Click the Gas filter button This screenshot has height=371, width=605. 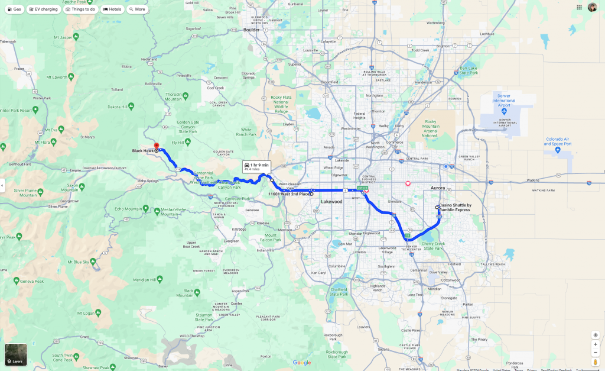click(x=15, y=9)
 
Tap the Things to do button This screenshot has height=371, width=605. click(x=81, y=9)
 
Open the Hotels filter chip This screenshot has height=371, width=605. click(x=112, y=9)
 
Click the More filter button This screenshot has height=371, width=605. click(x=138, y=9)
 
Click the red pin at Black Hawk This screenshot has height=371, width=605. click(x=156, y=146)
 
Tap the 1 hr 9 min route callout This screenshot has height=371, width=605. click(x=256, y=166)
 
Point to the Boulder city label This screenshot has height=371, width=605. click(x=251, y=29)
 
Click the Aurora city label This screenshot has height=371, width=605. click(x=437, y=187)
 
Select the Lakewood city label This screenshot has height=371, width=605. click(x=331, y=202)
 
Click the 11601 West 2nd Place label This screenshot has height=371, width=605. click(x=289, y=193)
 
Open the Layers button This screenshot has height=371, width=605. click(x=16, y=354)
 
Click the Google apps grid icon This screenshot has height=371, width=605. click(x=579, y=7)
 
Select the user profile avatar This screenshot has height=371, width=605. click(x=592, y=7)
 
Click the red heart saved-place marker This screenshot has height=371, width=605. click(x=408, y=183)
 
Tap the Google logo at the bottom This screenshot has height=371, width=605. click(x=301, y=363)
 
